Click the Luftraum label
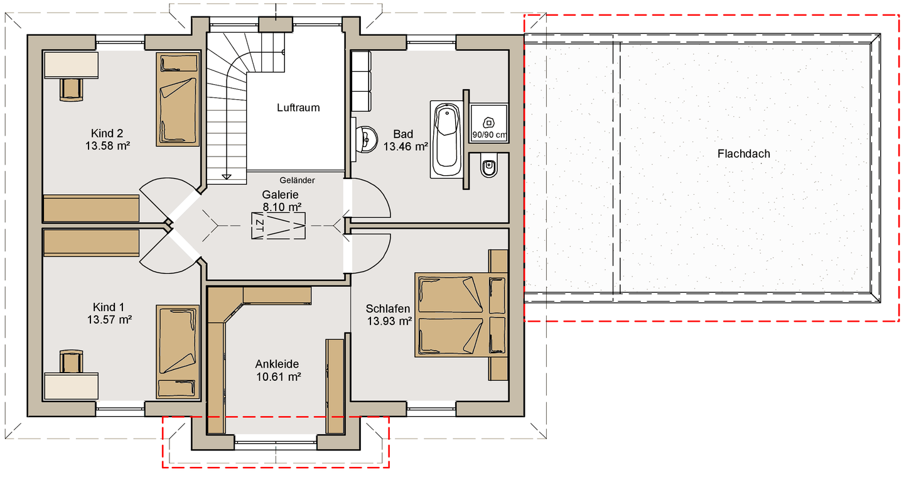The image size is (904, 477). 298,108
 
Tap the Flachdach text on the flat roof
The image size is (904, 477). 743,153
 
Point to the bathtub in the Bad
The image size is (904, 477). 447,140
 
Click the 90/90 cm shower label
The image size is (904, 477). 488,134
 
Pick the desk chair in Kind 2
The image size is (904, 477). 72,89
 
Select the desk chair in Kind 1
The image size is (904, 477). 72,361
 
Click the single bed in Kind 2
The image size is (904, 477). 178,99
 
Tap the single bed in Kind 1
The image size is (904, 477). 178,352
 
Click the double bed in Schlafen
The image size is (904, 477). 461,315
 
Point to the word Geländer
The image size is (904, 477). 297,180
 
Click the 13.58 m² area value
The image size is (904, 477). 108,146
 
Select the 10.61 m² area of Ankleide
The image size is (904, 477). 279,377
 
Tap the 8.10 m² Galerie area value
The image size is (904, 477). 282,207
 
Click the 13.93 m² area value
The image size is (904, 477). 389,321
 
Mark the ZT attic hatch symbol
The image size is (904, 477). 279,226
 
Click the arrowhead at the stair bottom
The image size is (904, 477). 227,177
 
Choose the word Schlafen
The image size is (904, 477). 388,309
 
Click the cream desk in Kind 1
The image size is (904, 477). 71,387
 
